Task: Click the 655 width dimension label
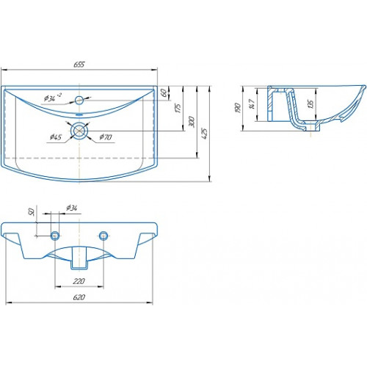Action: coord(79,65)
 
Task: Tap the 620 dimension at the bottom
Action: coord(79,297)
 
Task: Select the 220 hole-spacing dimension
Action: coord(79,281)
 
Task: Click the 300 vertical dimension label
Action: coord(192,122)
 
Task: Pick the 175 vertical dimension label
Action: coord(178,108)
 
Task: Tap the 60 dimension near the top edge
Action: coord(164,92)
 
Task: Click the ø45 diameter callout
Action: coord(56,137)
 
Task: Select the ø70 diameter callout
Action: coord(106,137)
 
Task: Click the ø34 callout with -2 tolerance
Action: coord(53,98)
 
